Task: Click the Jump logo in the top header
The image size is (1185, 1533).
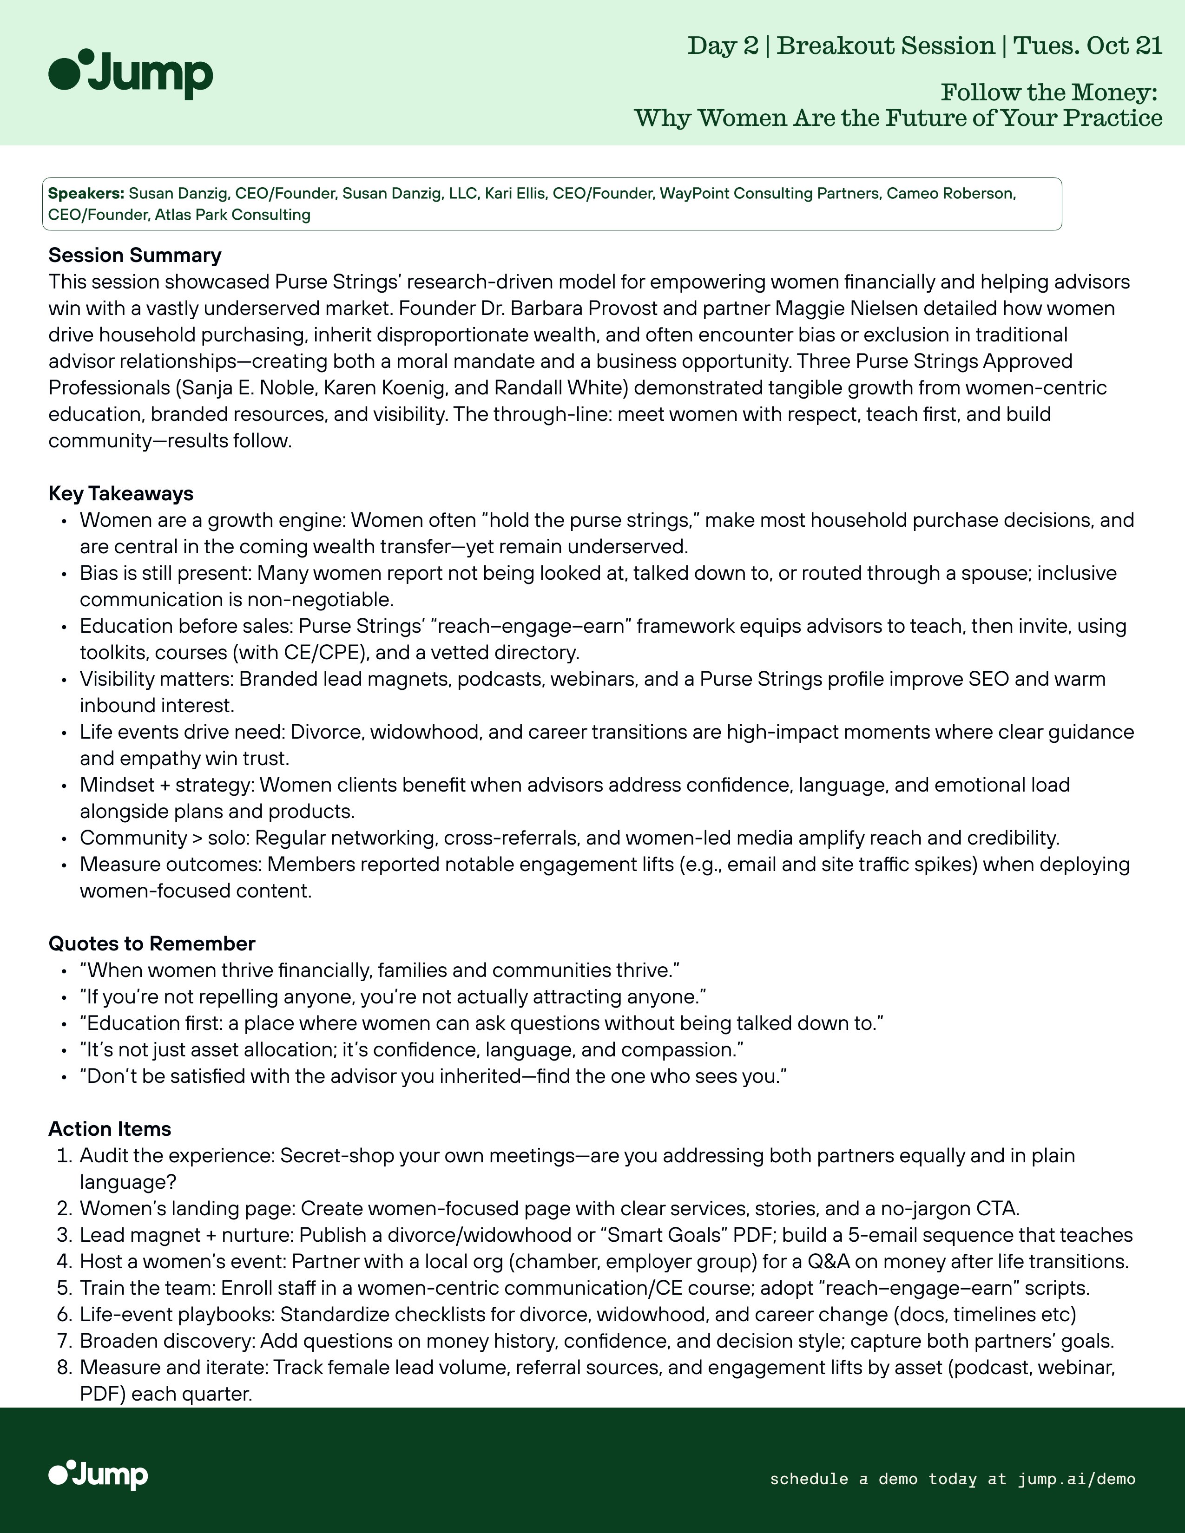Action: pos(131,74)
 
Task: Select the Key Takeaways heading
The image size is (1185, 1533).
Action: pos(121,493)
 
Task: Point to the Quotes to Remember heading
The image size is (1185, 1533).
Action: pos(151,943)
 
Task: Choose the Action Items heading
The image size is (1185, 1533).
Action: pos(110,1129)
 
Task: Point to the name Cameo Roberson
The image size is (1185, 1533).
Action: pos(950,194)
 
